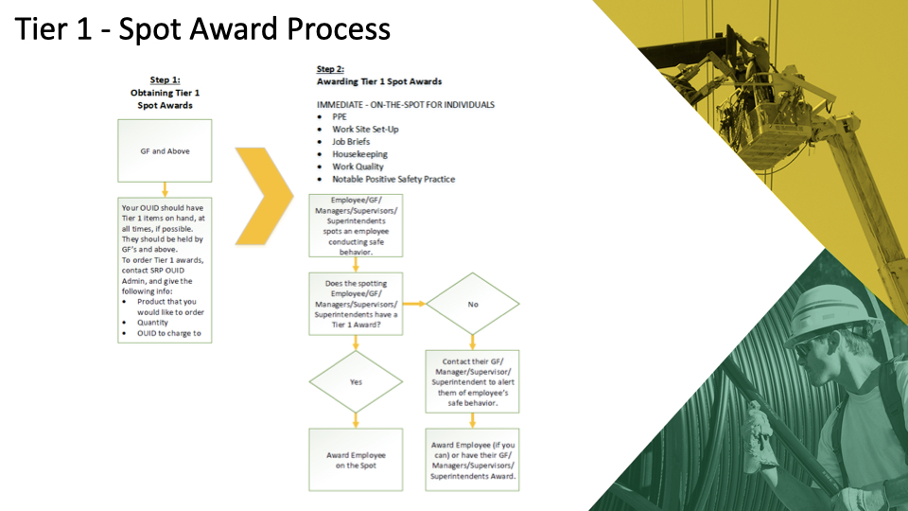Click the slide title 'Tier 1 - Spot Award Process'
click(203, 29)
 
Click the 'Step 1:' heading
click(165, 80)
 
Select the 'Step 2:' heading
click(330, 69)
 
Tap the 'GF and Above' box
click(165, 150)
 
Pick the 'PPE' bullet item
click(340, 116)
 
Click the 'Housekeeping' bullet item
click(359, 154)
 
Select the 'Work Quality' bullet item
click(358, 167)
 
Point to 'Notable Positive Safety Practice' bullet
click(393, 179)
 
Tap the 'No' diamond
click(473, 305)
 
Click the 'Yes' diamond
click(356, 383)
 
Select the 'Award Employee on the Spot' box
click(356, 460)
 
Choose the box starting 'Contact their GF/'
click(473, 383)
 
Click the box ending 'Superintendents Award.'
click(473, 460)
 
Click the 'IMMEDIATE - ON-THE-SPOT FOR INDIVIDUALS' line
click(406, 104)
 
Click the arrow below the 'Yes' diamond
click(356, 419)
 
